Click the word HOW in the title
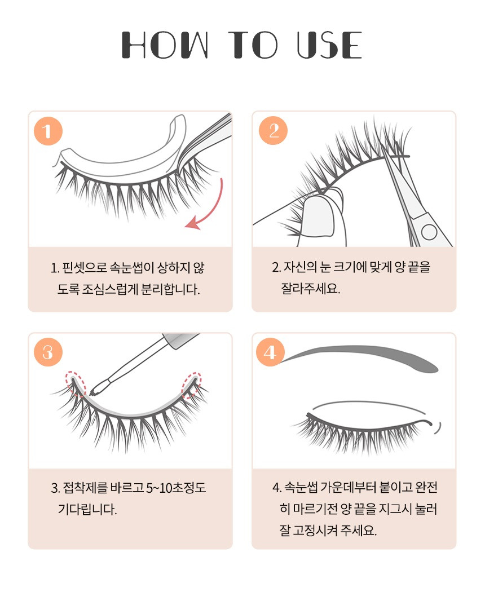[165, 45]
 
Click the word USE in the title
[329, 45]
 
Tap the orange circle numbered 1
[48, 131]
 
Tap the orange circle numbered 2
[273, 130]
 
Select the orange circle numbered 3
[48, 352]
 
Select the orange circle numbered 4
[270, 352]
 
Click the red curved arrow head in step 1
[193, 224]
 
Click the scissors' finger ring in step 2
[429, 232]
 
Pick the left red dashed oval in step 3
[75, 384]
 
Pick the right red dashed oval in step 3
[192, 385]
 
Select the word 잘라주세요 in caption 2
[310, 289]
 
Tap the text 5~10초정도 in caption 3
[176, 488]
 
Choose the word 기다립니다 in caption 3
[87, 510]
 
